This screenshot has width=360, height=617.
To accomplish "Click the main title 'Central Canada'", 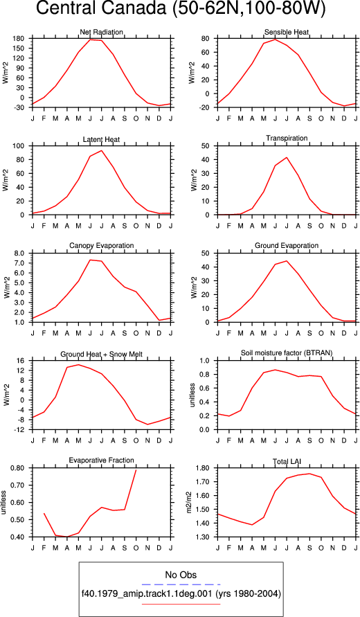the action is [102, 9].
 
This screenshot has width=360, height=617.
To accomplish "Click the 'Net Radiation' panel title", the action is [102, 32].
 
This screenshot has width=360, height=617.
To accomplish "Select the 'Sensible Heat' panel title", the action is [287, 32].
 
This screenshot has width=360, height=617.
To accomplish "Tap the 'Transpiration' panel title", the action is [287, 138].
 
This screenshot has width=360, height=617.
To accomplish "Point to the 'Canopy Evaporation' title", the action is [102, 246].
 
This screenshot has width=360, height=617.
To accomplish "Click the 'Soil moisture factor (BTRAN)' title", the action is [287, 353].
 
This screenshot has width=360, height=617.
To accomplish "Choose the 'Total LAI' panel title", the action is [287, 460].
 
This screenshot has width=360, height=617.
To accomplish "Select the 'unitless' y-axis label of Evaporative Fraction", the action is [4, 502].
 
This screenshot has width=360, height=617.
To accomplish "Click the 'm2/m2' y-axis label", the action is [189, 502].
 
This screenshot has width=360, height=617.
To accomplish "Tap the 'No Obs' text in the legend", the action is [181, 575].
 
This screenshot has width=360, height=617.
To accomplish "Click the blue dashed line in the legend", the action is [181, 584].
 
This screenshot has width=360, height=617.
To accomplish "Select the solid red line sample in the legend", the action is [181, 604].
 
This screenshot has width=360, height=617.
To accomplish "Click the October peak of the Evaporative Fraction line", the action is [136, 470].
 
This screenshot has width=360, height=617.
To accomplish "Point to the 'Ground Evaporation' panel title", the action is [287, 246].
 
